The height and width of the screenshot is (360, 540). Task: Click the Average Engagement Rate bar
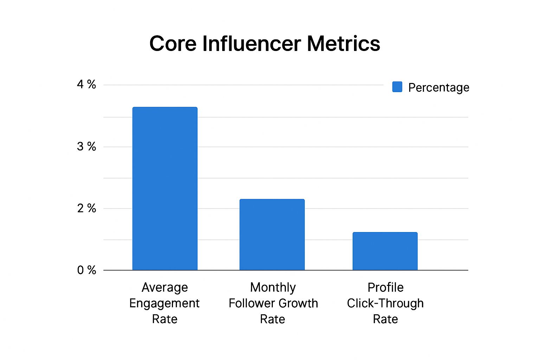[x=165, y=188]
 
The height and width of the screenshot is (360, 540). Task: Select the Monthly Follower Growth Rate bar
[x=272, y=234]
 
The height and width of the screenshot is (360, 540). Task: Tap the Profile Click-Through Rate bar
[x=385, y=251]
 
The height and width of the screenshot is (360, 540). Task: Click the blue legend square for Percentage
[x=397, y=87]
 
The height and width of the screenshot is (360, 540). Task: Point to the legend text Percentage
[x=438, y=87]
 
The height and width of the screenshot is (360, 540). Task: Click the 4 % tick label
[x=86, y=84]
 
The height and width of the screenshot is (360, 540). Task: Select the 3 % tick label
[x=86, y=147]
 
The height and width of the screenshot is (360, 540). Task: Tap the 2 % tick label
[x=86, y=208]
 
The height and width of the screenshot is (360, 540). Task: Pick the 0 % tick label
[x=86, y=270]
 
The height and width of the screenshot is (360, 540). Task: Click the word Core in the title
[x=172, y=44]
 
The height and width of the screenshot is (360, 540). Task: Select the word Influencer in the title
[x=251, y=44]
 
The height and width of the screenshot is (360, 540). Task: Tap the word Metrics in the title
[x=343, y=44]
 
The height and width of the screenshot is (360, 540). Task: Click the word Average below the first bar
[x=165, y=288]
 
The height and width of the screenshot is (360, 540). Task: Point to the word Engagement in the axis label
[x=164, y=303]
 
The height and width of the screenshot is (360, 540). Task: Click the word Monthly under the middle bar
[x=273, y=288]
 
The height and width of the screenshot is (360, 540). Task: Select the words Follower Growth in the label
[x=273, y=303]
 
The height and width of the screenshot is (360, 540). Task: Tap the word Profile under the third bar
[x=385, y=288]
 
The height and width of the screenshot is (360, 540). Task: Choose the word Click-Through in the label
[x=385, y=303]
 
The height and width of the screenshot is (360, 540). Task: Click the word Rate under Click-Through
[x=385, y=319]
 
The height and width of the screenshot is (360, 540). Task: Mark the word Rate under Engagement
[x=165, y=319]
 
